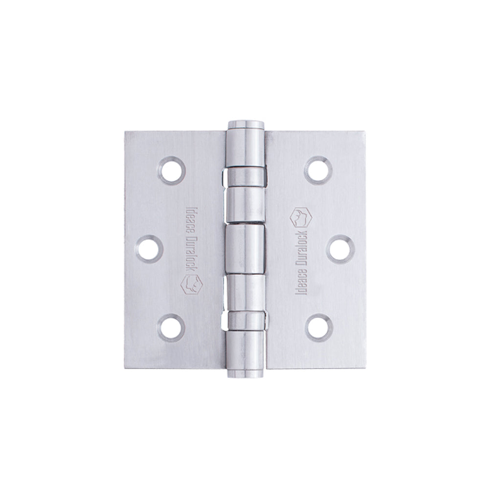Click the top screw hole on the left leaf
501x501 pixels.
pos(172,170)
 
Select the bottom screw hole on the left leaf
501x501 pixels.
pos(172,327)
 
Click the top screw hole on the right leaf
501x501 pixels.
pos(319,170)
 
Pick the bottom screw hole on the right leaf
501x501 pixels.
pos(319,327)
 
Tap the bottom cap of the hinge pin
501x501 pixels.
pos(246,375)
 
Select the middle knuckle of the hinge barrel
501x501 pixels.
pos(246,248)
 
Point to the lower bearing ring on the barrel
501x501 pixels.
pos(246,320)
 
